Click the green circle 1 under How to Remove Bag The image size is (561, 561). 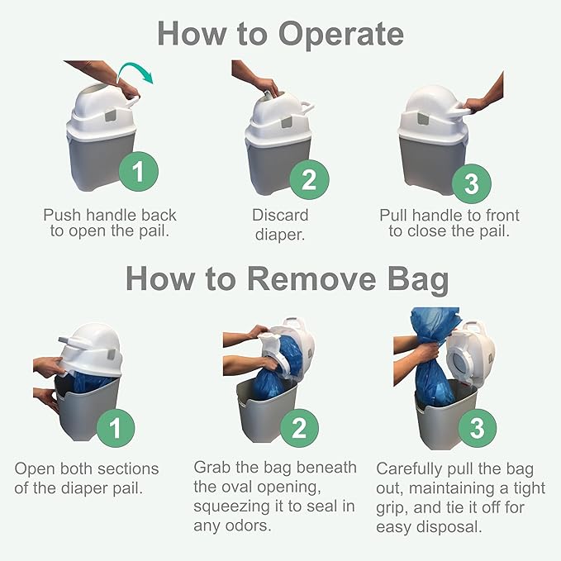tap(116, 428)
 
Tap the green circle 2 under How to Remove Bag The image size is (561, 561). tap(299, 428)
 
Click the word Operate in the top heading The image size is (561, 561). tap(340, 34)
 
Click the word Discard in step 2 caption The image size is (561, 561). tap(280, 215)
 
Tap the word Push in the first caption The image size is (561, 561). tap(62, 215)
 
